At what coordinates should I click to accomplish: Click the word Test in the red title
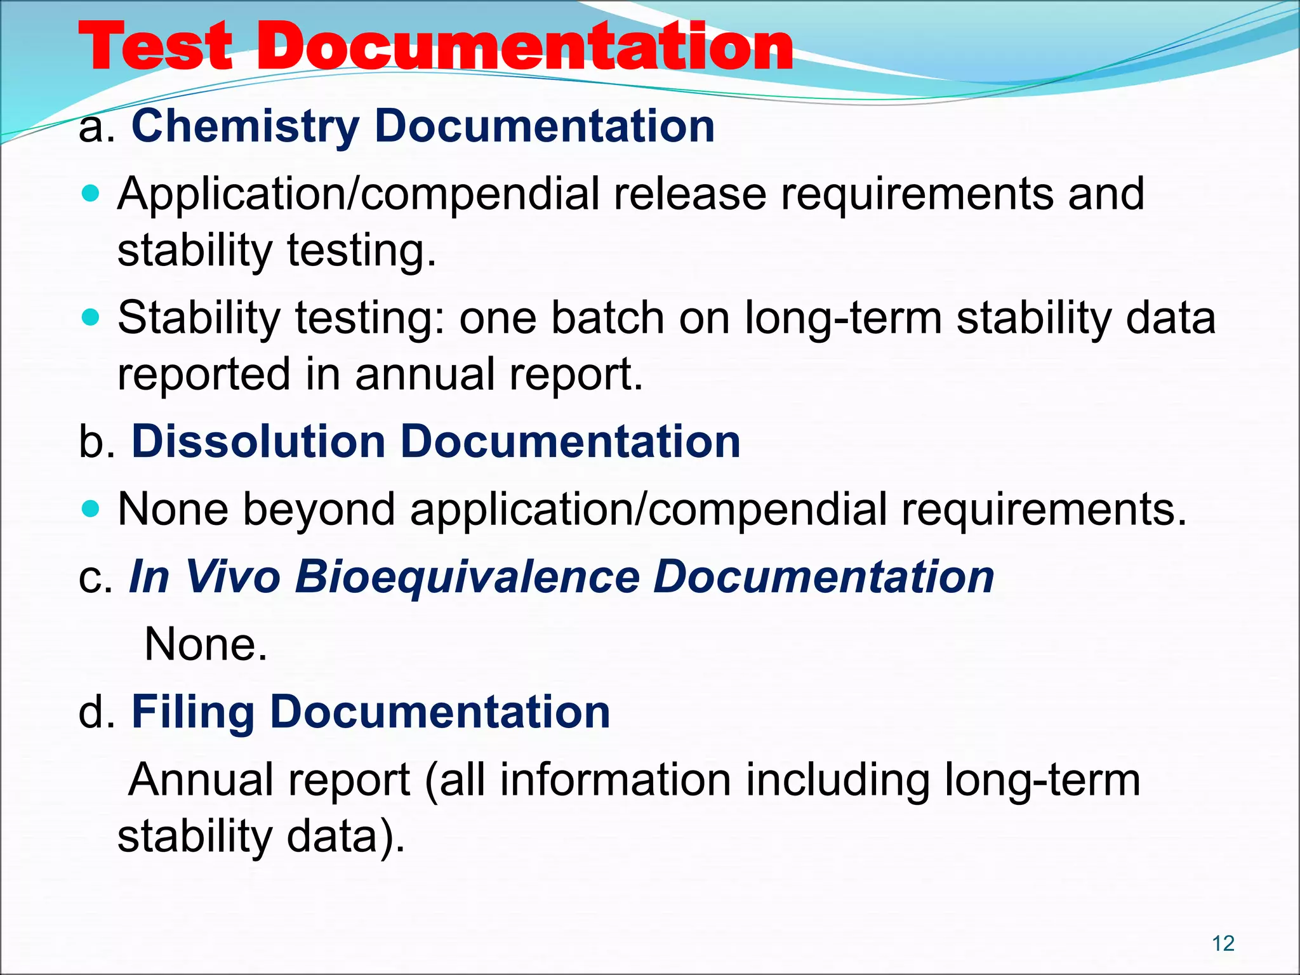click(155, 48)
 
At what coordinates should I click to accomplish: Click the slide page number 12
click(1223, 943)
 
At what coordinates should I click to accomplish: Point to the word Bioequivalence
click(467, 578)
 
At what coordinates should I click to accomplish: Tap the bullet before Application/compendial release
click(91, 193)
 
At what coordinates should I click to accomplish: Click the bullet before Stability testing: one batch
click(91, 317)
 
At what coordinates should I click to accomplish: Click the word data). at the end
click(345, 837)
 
